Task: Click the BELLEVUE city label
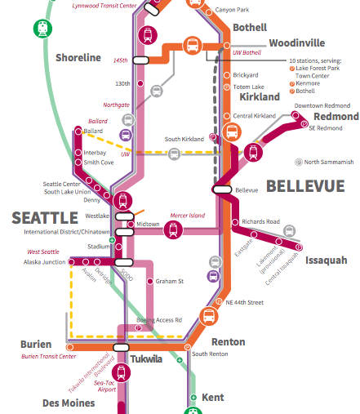pos(305,187)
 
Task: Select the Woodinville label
pos(296,42)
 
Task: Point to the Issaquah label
pos(326,260)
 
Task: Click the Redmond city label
pos(336,117)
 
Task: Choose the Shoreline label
pos(78,58)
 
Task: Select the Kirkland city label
pos(260,97)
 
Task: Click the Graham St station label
pos(169,282)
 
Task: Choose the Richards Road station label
pos(260,221)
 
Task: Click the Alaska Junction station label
pos(44,262)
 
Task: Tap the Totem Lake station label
pos(247,86)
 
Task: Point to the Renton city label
pos(228,341)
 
